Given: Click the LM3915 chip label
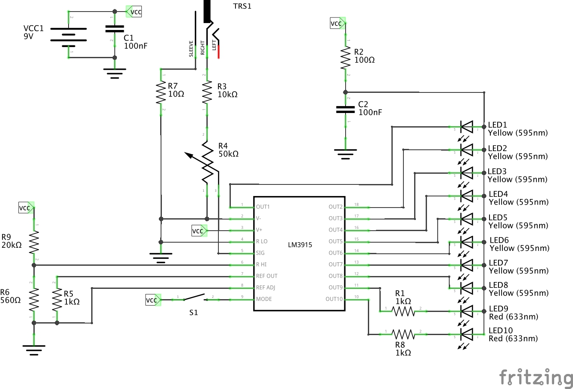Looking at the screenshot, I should (300, 245).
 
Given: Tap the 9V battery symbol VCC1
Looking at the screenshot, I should (69, 35).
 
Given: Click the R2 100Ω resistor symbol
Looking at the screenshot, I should (346, 58).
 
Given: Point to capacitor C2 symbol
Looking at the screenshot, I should (346, 110).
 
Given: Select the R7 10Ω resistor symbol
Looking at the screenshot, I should (161, 93).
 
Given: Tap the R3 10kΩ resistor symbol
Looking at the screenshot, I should (207, 92).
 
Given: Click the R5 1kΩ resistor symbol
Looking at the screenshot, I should (57, 300).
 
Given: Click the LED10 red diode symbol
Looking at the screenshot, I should (466, 334).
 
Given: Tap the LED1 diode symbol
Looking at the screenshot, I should (466, 127).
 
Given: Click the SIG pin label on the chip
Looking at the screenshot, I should (260, 253).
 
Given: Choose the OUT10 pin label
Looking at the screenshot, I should (334, 299).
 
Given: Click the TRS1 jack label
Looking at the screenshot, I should (242, 6).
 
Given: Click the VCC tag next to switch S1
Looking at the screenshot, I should (152, 300).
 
